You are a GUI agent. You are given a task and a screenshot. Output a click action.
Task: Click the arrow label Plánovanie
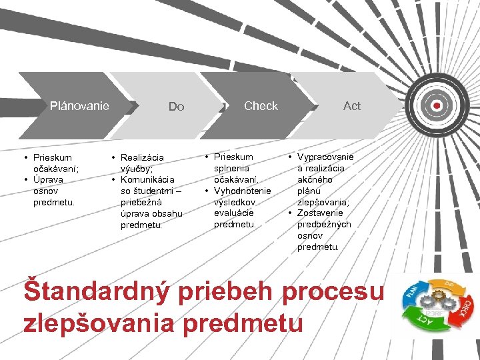79,105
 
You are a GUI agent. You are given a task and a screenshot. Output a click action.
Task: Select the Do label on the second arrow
176,107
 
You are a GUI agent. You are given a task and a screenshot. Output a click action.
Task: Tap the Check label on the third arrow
261,105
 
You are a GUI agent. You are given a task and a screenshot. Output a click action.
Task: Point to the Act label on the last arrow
351,105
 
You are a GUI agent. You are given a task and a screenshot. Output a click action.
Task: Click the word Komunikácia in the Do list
147,179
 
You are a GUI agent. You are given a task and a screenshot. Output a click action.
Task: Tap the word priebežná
143,202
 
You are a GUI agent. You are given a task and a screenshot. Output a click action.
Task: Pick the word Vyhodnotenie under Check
242,191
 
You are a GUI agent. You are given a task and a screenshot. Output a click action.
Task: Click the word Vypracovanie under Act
325,157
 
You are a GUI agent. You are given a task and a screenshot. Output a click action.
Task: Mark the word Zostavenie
324,213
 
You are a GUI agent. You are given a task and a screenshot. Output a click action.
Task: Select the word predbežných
324,224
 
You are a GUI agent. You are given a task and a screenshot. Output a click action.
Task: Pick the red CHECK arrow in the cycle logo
465,308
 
